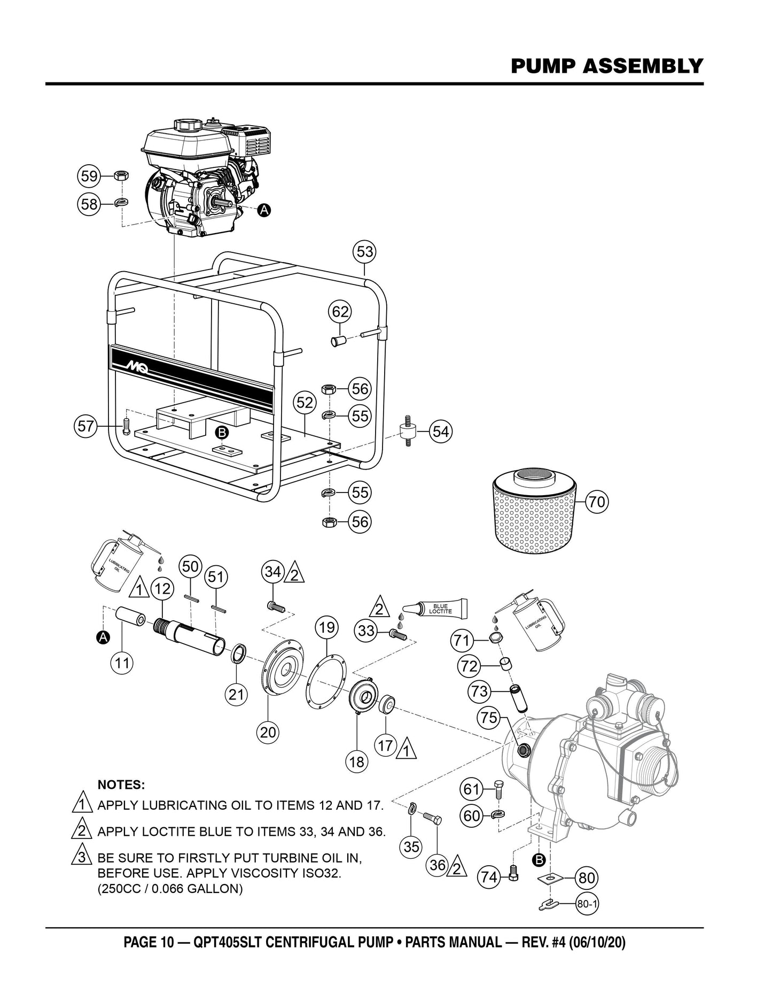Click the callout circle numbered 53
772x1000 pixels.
pos(365,251)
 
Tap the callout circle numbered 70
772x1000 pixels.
pos(597,502)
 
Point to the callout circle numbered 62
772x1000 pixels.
pos(340,312)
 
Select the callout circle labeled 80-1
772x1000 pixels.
pos(587,905)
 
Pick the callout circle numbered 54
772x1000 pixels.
pos(441,431)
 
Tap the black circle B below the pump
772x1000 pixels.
pos(539,859)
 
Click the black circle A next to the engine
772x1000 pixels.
pos(263,211)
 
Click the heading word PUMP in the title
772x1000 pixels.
pos(543,66)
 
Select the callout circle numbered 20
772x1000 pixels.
pos(268,732)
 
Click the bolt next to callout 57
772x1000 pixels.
pos(126,426)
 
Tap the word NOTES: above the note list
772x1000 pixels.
pos(121,784)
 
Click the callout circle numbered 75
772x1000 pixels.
pos(489,718)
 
